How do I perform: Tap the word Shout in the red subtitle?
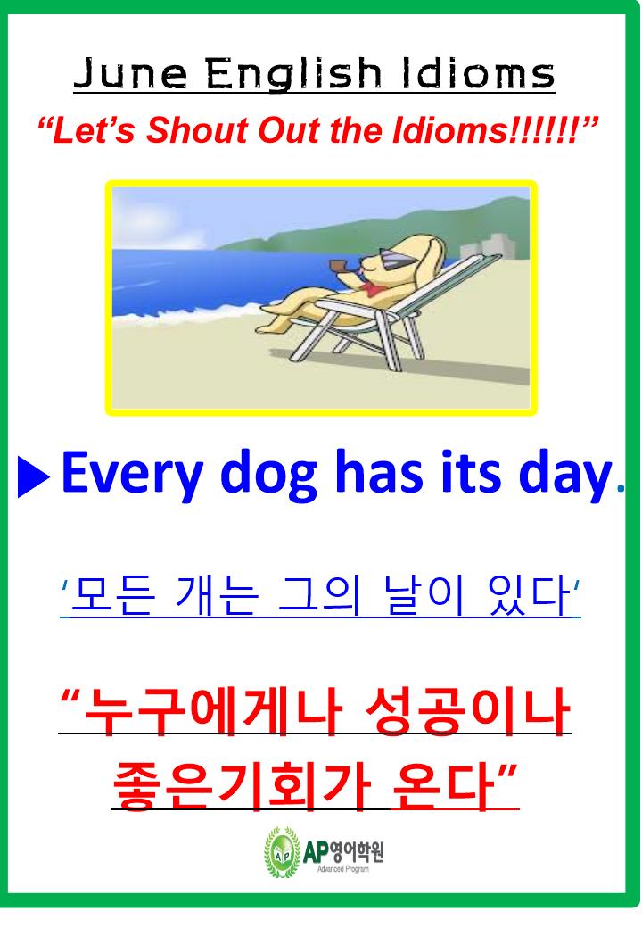point(199,129)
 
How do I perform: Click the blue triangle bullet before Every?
point(34,476)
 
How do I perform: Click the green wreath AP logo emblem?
point(282,852)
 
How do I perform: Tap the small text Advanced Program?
point(343,869)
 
